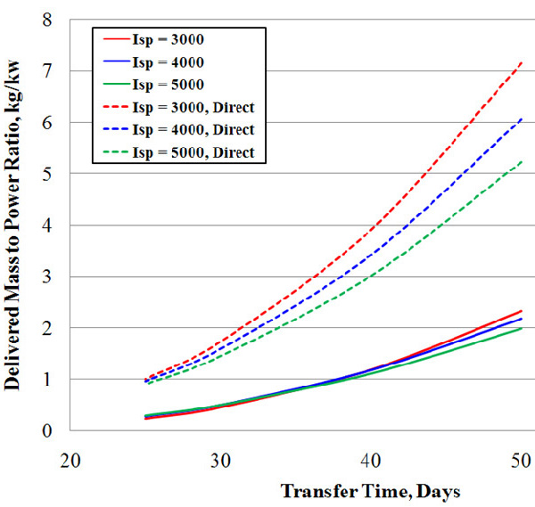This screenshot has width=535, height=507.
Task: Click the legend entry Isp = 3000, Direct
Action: point(193,108)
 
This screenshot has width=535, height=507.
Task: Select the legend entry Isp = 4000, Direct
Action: point(193,130)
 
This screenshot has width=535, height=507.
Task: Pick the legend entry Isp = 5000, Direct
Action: point(193,152)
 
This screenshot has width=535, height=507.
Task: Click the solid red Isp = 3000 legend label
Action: point(169,39)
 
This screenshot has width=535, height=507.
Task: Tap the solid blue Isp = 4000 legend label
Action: point(169,62)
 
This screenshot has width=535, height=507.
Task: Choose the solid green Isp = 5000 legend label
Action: point(169,85)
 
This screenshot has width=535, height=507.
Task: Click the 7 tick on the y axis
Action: point(47,71)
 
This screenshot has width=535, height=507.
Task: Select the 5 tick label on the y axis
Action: point(47,174)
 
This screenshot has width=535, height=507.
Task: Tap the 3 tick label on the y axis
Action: point(47,276)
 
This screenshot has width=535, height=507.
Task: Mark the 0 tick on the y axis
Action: point(47,431)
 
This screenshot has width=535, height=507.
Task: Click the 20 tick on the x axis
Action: point(70,461)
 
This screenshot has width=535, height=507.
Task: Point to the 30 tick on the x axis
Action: point(220,461)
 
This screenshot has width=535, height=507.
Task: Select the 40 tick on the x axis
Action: point(371,461)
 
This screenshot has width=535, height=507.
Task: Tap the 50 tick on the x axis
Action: point(521,461)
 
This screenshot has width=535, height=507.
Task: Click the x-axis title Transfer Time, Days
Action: point(371,492)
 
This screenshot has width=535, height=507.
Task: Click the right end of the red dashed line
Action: point(522,62)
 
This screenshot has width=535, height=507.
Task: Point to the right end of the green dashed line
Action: point(522,161)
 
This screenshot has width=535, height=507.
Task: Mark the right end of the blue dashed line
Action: point(522,119)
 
